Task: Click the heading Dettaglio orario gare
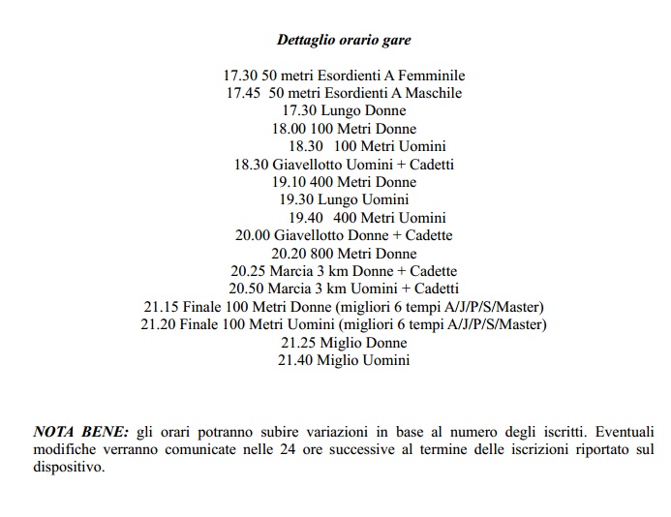pyautogui.click(x=343, y=40)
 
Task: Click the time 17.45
pyautogui.click(x=243, y=93)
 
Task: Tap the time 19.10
pyautogui.click(x=290, y=182)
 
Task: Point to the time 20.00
pyautogui.click(x=254, y=235)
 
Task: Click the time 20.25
pyautogui.click(x=248, y=271)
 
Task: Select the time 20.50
pyautogui.click(x=246, y=289)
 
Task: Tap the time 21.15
pyautogui.click(x=162, y=307)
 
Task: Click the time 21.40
pyautogui.click(x=295, y=360)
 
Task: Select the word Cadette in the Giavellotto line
pyautogui.click(x=427, y=235)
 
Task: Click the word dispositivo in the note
pyautogui.click(x=67, y=466)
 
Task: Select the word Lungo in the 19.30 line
pyautogui.click(x=334, y=200)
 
